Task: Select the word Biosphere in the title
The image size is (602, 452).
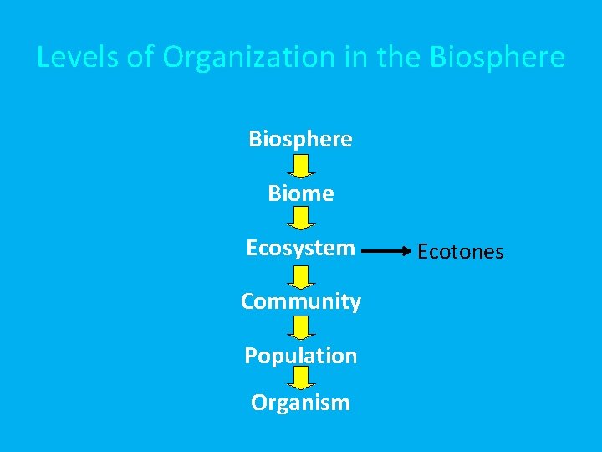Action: [497, 57]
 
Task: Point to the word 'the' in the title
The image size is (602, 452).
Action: [396, 57]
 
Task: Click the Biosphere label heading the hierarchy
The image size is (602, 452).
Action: [300, 138]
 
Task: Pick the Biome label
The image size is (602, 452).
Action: [300, 193]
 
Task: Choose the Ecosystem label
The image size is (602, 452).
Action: [300, 248]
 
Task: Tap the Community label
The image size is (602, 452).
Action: [300, 301]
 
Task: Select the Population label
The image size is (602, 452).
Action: [300, 356]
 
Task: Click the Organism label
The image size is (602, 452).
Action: [300, 403]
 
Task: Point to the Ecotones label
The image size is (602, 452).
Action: [461, 251]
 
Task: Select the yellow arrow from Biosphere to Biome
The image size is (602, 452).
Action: [301, 166]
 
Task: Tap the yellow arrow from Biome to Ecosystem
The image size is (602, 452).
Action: [301, 219]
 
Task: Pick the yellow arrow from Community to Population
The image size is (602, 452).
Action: [301, 327]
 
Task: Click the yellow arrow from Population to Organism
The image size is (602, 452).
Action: [301, 378]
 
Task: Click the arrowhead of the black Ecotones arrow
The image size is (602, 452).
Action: [407, 249]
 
